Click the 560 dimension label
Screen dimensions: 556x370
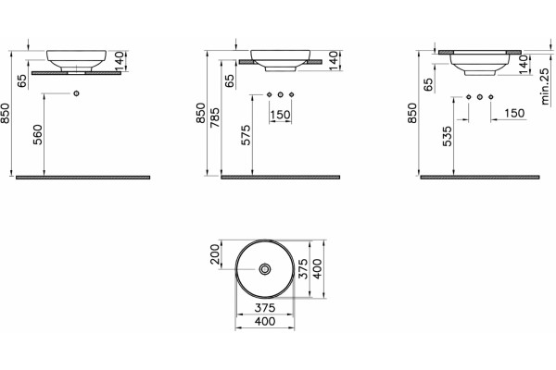[38, 134]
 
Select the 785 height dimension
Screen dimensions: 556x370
[215, 117]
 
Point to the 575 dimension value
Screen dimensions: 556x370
[246, 135]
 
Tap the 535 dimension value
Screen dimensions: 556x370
[448, 136]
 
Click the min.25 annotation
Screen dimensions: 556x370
[545, 86]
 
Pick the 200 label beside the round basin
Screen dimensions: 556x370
[215, 254]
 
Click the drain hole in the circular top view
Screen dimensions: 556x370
[265, 269]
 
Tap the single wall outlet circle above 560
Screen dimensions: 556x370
[76, 93]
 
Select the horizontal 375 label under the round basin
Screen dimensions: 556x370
[265, 308]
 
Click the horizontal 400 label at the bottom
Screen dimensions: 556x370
[265, 321]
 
